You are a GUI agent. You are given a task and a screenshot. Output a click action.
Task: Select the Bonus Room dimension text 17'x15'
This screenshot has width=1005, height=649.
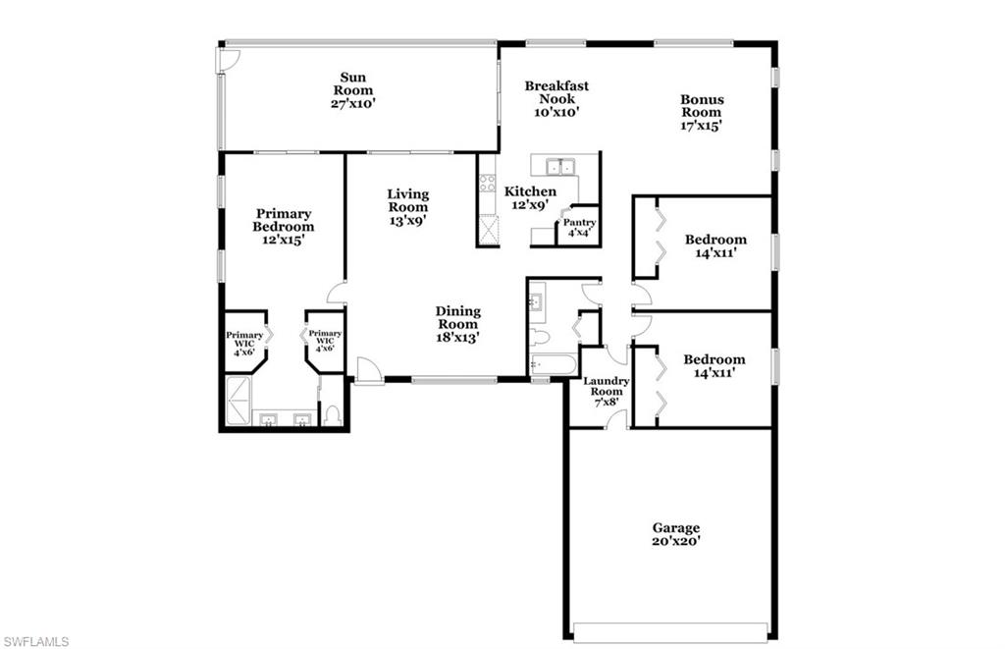702,126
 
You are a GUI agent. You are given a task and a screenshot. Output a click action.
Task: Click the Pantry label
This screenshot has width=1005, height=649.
579,223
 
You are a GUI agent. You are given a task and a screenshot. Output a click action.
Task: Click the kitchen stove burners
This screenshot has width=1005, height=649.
487,183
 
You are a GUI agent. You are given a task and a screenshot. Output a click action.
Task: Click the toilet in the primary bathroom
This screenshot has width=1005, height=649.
332,415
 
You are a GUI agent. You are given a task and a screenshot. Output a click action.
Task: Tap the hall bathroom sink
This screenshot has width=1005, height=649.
535,301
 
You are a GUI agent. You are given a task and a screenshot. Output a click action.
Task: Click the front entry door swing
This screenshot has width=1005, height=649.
367,370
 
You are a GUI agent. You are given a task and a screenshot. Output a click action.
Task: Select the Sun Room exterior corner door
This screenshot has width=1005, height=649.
227,59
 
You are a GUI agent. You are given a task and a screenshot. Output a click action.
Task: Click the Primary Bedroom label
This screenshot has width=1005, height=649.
284,226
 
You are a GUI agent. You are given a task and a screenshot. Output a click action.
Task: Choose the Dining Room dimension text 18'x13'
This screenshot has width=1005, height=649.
458,337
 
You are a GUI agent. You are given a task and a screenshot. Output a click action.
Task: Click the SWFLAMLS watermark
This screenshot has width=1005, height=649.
35,641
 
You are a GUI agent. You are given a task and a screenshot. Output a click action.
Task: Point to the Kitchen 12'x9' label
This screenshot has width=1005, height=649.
530,197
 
